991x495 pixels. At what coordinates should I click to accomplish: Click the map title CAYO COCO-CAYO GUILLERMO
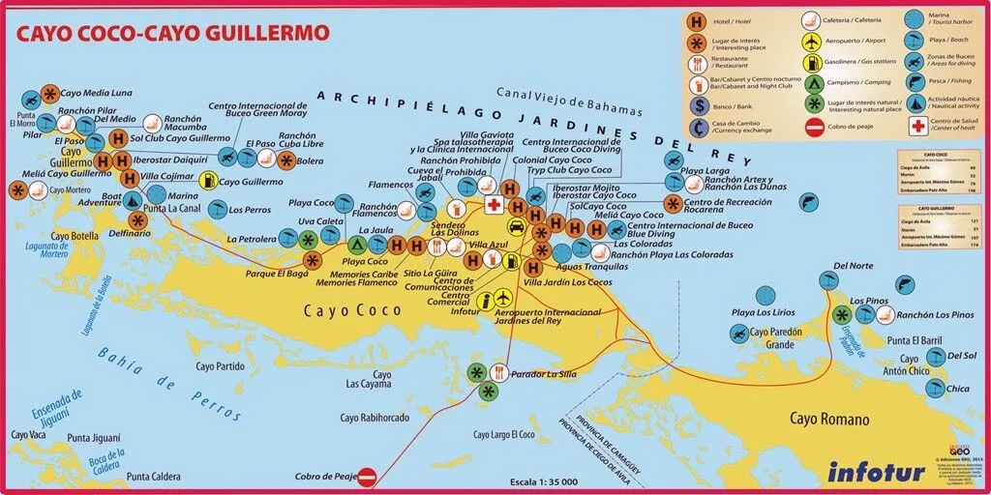coord(171,33)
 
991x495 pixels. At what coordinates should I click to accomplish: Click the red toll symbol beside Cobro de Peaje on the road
coord(367,476)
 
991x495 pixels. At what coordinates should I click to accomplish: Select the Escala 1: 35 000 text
coord(544,481)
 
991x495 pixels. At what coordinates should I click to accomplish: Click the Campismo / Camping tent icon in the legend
coord(813,80)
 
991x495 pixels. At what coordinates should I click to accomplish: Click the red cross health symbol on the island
coord(494,205)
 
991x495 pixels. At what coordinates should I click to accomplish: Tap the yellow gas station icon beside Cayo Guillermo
coord(208,181)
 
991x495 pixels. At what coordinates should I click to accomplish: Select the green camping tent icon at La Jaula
coord(356,245)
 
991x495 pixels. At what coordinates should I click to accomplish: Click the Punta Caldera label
coord(153,476)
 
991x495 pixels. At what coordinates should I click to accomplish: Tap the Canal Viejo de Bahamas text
coord(555,92)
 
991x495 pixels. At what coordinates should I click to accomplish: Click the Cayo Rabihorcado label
coord(375,418)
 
